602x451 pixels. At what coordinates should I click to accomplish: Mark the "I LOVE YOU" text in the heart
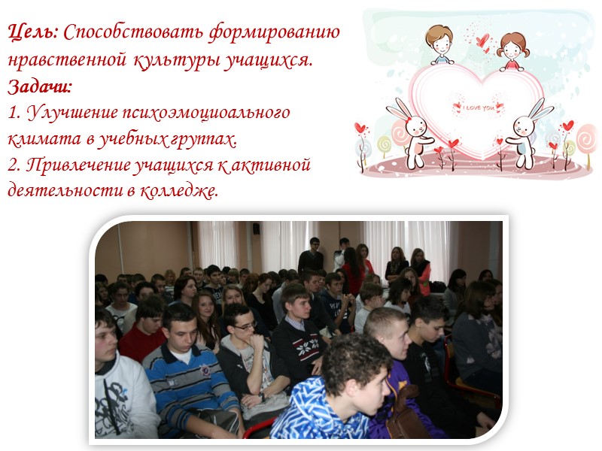coord(478,107)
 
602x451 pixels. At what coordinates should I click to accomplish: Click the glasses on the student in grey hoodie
coord(244,326)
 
